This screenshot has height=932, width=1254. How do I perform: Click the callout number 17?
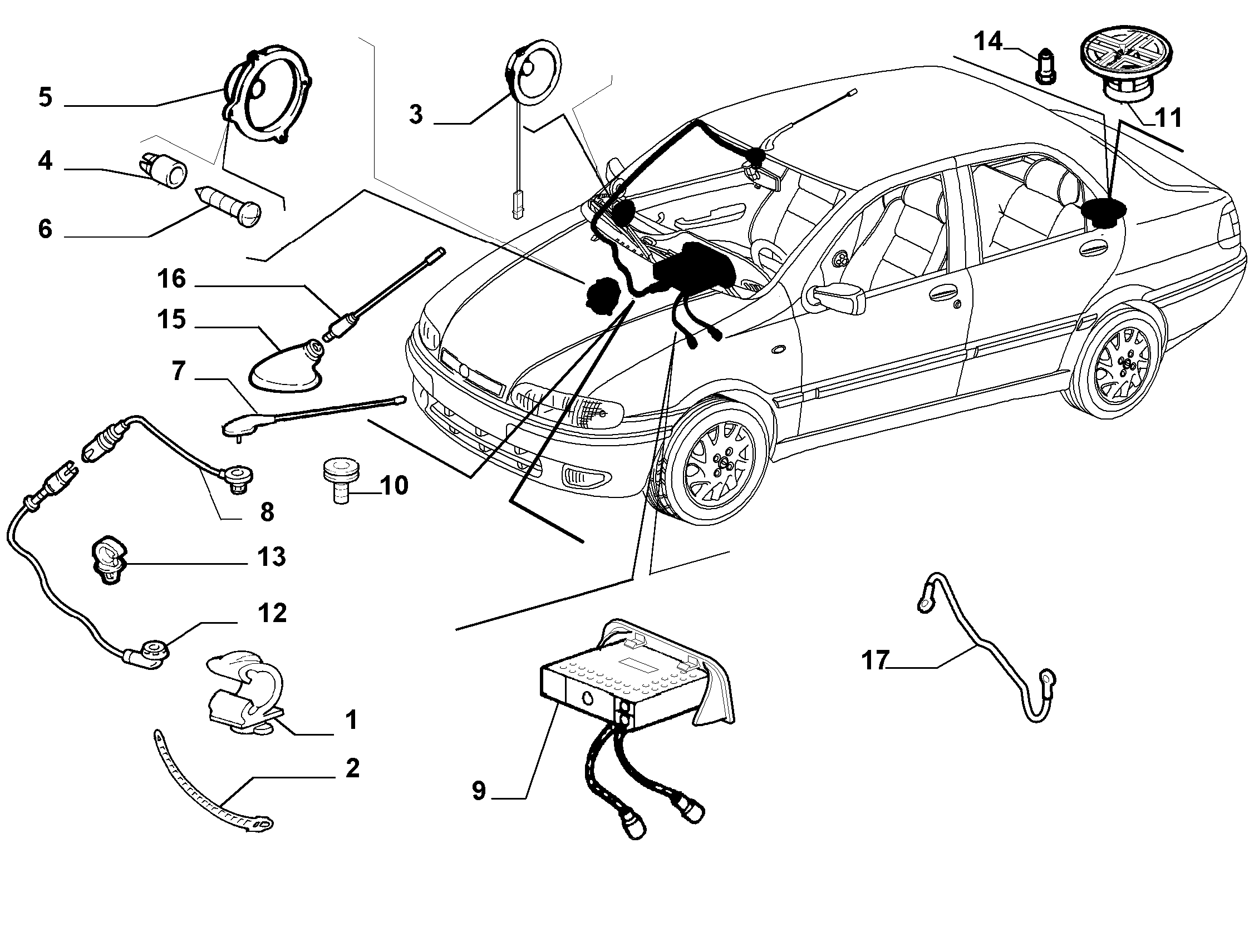click(x=876, y=660)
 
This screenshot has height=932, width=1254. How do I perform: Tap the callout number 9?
click(x=479, y=791)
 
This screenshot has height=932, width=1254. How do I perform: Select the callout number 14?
click(x=987, y=42)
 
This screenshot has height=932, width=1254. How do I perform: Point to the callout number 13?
click(x=272, y=557)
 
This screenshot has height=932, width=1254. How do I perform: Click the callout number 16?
click(x=171, y=279)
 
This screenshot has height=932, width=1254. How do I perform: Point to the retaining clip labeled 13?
click(x=109, y=559)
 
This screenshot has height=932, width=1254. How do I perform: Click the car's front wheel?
click(x=718, y=461)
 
